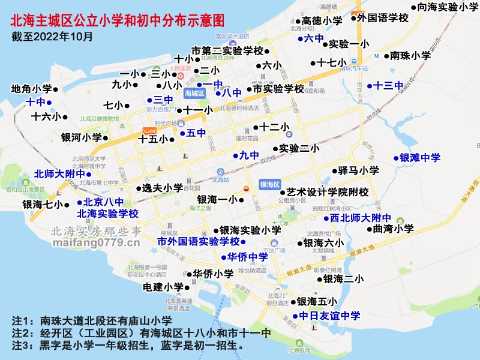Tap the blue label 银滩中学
pos(419,158)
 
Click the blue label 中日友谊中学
pos(329,316)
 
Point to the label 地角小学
pos(31,89)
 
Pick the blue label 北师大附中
pos(59,174)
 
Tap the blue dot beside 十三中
pos(370,85)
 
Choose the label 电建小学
pos(163,287)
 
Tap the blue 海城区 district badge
pos(194,93)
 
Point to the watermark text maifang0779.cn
pos(96,242)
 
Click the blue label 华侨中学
pos(247,257)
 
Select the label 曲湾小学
pos(393,229)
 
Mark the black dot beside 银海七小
pos(67,205)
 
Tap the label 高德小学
pos(322,20)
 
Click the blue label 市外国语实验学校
pos(198,241)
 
